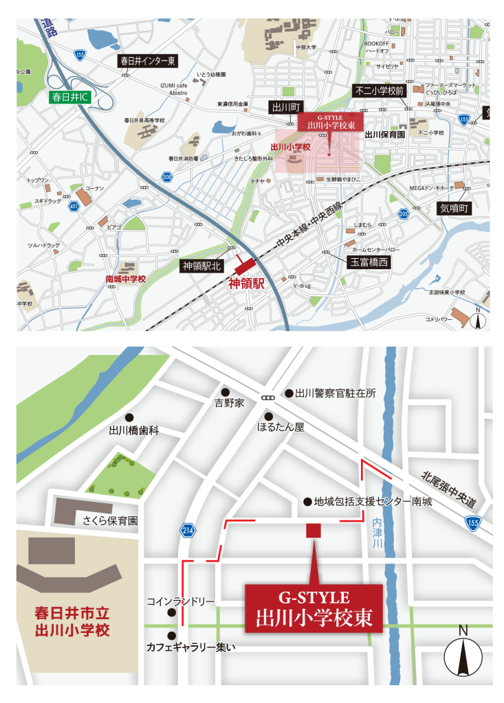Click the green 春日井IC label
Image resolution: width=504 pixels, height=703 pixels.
[71, 97]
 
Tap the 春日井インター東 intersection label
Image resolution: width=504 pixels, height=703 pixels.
[148, 61]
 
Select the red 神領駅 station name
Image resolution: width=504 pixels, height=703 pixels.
[247, 282]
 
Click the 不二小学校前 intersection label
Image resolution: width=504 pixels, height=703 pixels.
[380, 91]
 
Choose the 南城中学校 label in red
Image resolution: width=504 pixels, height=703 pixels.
[125, 279]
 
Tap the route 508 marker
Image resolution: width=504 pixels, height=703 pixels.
[167, 176]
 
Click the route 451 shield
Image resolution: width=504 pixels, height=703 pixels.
[74, 205]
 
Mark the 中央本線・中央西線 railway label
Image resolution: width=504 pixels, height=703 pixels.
[309, 224]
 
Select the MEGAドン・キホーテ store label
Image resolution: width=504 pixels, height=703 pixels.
[431, 187]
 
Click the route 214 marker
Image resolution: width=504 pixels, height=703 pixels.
[187, 529]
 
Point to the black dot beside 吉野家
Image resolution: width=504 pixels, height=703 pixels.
[225, 391]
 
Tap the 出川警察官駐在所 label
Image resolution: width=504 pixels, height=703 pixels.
[336, 393]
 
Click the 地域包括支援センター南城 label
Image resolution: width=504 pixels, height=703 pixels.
[373, 502]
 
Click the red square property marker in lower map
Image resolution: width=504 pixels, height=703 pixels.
[314, 529]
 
